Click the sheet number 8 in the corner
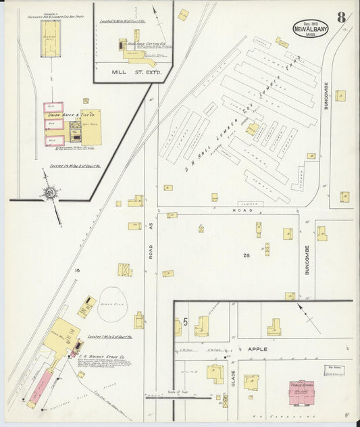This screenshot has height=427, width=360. pos(342,18)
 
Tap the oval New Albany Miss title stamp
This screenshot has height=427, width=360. pos(311,28)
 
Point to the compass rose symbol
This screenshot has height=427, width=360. pos(51,194)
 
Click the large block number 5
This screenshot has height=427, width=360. pos(184,322)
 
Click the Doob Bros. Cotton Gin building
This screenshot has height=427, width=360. pos(135,49)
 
